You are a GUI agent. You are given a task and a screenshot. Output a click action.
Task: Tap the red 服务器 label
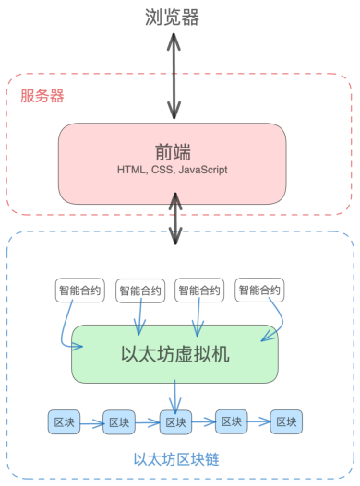(42, 96)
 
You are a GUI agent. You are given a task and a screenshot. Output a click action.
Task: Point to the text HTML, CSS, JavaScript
(173, 171)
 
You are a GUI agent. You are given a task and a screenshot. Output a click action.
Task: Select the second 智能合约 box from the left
(140, 291)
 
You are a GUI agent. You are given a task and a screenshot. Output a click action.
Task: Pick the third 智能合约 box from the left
(199, 290)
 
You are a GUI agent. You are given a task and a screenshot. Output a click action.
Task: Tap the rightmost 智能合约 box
(259, 290)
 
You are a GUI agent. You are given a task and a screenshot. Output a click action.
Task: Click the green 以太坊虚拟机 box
(175, 354)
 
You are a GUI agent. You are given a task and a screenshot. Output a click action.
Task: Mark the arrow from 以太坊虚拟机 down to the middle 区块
(175, 397)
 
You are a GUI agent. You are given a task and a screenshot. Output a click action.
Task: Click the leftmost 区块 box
(64, 422)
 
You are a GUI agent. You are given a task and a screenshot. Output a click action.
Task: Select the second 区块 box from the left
(119, 422)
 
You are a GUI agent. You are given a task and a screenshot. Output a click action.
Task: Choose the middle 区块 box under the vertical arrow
(175, 422)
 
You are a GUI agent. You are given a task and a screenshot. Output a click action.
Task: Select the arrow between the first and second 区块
(91, 423)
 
